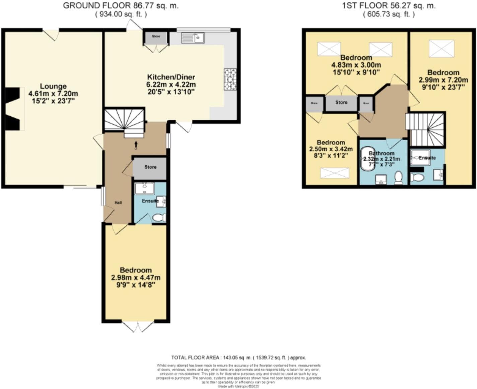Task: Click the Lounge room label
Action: point(53,86)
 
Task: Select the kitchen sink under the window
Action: point(193,38)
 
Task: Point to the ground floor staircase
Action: point(124,121)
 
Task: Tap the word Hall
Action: point(118,203)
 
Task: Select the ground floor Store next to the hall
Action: point(150,167)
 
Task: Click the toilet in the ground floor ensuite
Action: point(159,218)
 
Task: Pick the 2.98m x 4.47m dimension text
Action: point(136,278)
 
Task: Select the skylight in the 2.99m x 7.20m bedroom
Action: point(441,49)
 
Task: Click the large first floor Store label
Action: point(341,102)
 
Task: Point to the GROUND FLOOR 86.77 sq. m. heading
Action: point(121,6)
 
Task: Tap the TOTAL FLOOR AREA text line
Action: point(238,357)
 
